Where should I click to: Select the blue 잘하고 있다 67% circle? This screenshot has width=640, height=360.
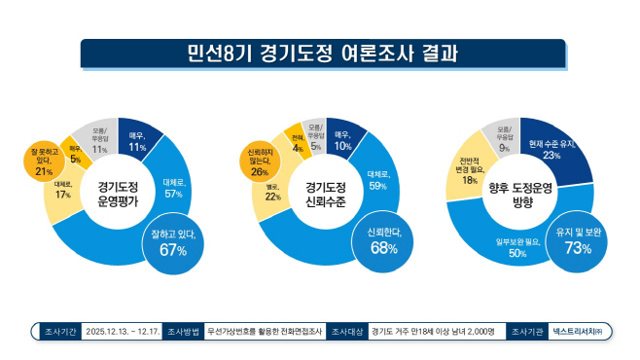click(x=173, y=242)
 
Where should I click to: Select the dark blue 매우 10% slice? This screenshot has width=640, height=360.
click(x=341, y=141)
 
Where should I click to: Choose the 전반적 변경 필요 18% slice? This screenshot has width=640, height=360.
click(x=469, y=171)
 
